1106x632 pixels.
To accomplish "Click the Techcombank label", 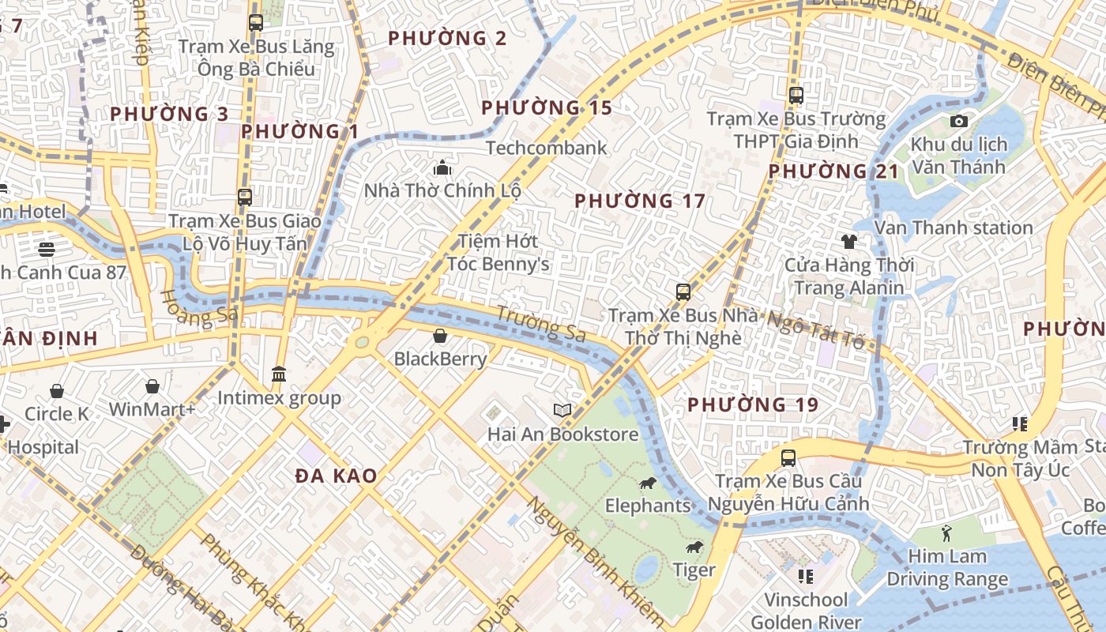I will tap(547, 148).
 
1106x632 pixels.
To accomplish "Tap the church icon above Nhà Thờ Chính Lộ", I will tap(442, 167).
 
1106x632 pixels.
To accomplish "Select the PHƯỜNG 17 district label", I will tap(639, 201).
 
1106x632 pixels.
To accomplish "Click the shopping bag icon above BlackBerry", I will tap(440, 337).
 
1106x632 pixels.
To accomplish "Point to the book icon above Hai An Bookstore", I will tap(562, 411).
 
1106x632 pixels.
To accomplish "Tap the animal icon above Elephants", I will tap(647, 483).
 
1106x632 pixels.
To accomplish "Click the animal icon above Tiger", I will tap(694, 547).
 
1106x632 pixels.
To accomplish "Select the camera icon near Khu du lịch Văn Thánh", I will tap(959, 121).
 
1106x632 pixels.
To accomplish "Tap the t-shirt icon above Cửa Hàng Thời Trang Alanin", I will tap(849, 242).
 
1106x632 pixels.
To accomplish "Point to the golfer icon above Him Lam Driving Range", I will tap(946, 534).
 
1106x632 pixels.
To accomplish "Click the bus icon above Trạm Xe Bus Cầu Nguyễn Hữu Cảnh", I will tap(788, 458).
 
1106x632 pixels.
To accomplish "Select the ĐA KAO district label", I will tap(336, 476).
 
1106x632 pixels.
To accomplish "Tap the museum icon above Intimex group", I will tap(278, 374).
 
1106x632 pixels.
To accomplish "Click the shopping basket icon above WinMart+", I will tap(152, 386).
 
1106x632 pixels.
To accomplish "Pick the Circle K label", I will tap(57, 414).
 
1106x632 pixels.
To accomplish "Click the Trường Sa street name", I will tap(541, 324).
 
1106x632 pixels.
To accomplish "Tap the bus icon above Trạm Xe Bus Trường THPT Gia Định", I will tap(796, 96).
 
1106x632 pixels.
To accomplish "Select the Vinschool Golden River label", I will tap(806, 611).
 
